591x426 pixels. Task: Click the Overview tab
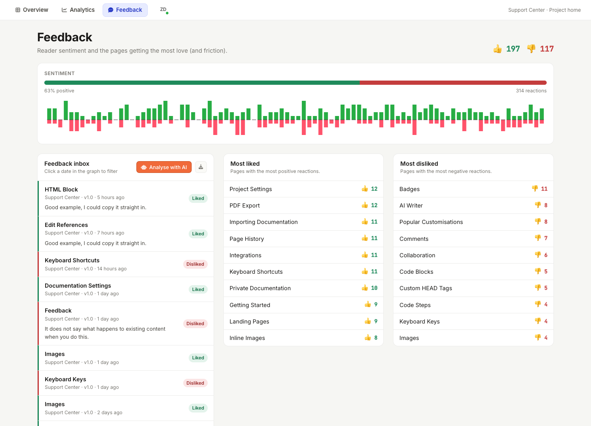[x=32, y=10]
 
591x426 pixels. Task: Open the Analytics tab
[x=78, y=10]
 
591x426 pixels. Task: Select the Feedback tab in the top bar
[x=125, y=10]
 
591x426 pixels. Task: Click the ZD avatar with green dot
[x=164, y=10]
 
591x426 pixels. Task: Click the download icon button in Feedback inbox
[x=201, y=167]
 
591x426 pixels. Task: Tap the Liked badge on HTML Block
[x=198, y=198]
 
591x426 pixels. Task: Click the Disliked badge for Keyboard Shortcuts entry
[x=195, y=264]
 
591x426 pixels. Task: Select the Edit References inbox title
[x=66, y=225]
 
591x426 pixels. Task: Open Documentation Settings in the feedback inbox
[x=78, y=286]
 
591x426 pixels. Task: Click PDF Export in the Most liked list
[x=244, y=206]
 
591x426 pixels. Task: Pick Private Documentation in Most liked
[x=260, y=288]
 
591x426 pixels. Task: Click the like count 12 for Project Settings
[x=374, y=189]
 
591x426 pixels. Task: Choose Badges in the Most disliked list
[x=409, y=189]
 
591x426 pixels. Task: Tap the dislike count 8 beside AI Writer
[x=545, y=205]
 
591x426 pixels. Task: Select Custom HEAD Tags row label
[x=426, y=288]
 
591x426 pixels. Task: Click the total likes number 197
[x=513, y=49]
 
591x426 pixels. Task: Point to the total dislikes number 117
[x=547, y=49]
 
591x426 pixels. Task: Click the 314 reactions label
[x=531, y=91]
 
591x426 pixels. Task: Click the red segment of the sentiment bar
[x=453, y=83]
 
